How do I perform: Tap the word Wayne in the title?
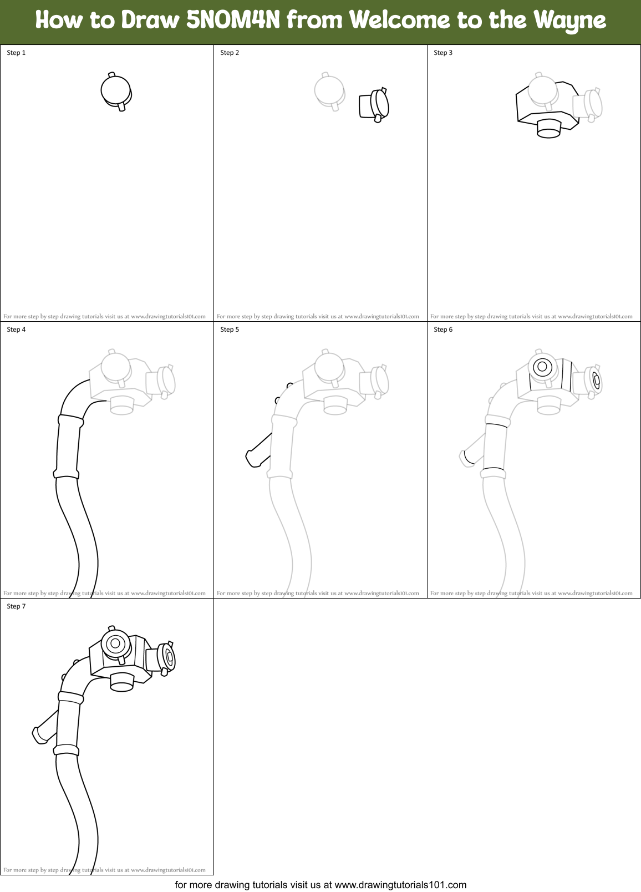(569, 21)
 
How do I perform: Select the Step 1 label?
(16, 53)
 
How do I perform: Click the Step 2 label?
(230, 53)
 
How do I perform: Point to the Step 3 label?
(443, 53)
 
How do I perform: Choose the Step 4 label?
(16, 330)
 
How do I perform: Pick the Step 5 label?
(230, 330)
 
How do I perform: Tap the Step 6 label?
(443, 330)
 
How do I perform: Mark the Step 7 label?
(16, 606)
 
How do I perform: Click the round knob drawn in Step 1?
(116, 90)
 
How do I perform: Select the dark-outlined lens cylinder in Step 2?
(374, 105)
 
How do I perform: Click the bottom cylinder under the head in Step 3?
(549, 128)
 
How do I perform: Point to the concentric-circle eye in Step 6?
(542, 367)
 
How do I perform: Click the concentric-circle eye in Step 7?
(115, 643)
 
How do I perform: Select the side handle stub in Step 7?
(45, 729)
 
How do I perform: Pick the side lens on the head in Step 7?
(166, 657)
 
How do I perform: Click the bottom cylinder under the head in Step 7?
(122, 682)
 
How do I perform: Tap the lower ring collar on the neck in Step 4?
(66, 473)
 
